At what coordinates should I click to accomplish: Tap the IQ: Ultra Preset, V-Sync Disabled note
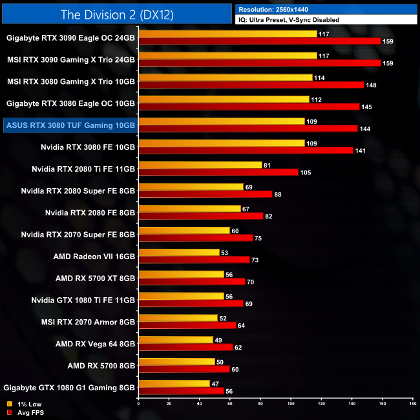(288, 20)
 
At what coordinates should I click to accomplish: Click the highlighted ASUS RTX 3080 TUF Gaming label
(69, 125)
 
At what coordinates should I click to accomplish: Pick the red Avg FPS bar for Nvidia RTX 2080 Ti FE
(218, 173)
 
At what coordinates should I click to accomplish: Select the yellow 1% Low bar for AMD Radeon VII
(179, 252)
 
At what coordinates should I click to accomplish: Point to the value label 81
(268, 165)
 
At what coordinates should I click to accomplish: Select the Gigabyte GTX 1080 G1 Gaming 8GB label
(70, 388)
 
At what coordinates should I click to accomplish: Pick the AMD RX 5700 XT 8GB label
(96, 278)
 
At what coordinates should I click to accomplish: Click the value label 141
(361, 151)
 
